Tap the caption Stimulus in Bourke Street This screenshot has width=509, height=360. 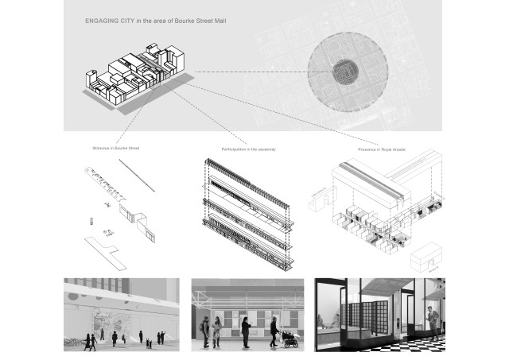116,147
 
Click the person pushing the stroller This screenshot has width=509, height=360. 274,331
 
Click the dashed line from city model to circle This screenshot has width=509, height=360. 254,72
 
